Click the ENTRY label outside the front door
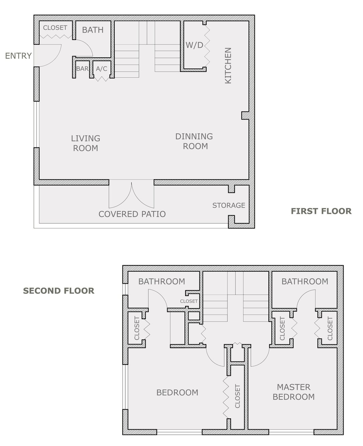[18, 56]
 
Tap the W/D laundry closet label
[194, 45]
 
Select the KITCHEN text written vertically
[228, 65]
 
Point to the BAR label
[82, 68]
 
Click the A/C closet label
[101, 68]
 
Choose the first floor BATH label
[93, 30]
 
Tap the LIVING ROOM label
[86, 143]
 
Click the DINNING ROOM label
[194, 141]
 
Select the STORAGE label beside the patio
[229, 205]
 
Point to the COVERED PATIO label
[132, 214]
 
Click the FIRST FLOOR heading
[321, 211]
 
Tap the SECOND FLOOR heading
[59, 291]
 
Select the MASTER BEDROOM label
[293, 392]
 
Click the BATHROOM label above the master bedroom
[305, 281]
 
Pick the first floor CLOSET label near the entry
[55, 28]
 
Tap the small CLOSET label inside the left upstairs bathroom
[189, 301]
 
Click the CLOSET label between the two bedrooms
[237, 396]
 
